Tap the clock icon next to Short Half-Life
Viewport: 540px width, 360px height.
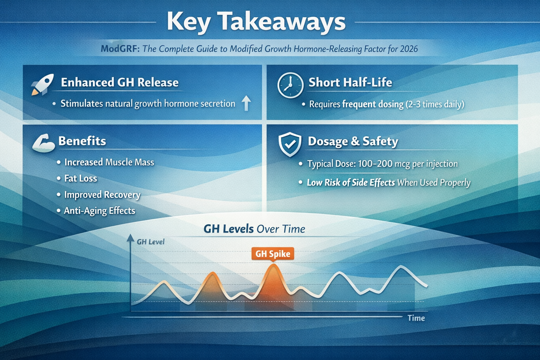point(290,85)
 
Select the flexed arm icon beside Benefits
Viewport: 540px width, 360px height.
point(44,143)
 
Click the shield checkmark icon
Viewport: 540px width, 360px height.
point(290,144)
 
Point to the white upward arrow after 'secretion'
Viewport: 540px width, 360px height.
point(246,103)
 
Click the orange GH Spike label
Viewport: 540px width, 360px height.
point(273,254)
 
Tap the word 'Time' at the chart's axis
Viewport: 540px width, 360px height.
point(416,318)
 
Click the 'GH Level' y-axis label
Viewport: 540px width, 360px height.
point(150,242)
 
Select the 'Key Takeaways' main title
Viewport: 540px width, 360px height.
point(256,22)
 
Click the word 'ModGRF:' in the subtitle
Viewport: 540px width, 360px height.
point(120,49)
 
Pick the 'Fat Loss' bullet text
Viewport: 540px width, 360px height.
point(81,179)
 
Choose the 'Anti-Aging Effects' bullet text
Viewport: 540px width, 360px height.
point(99,211)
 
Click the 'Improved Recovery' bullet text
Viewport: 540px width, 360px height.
point(102,195)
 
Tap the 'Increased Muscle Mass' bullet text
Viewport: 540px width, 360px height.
point(109,162)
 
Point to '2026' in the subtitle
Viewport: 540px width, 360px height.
point(409,49)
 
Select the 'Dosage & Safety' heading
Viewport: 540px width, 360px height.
point(353,141)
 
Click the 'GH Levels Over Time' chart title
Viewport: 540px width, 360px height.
point(254,229)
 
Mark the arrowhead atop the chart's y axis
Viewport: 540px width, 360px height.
point(130,238)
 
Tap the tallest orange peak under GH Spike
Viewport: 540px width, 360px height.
point(274,265)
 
